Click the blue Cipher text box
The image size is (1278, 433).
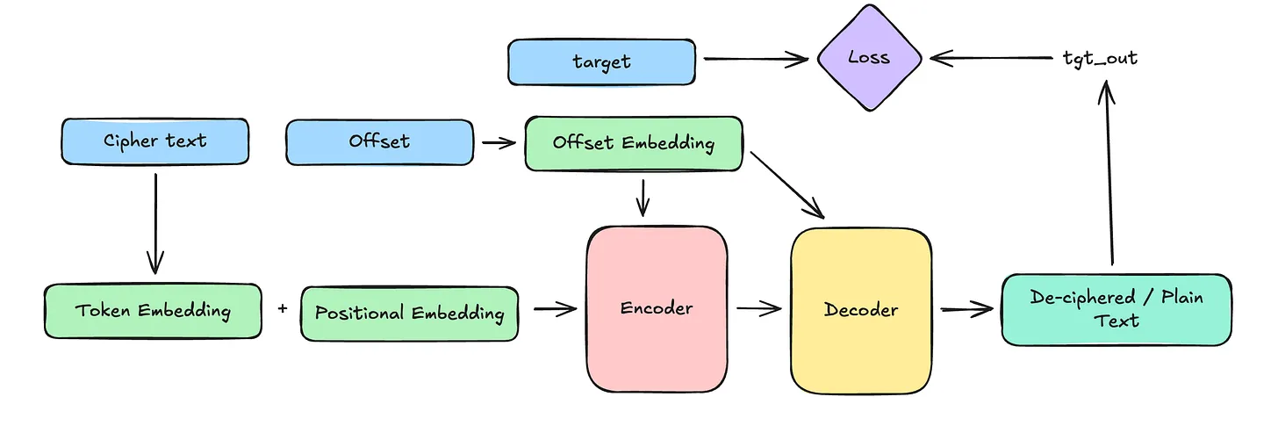pos(155,141)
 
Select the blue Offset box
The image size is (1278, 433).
pos(379,141)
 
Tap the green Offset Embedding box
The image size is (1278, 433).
pos(633,143)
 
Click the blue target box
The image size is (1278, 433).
pos(601,61)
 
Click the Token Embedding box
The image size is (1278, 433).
pos(153,311)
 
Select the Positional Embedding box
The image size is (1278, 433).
pos(409,313)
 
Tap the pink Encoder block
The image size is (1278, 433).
pos(657,308)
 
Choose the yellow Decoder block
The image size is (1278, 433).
pos(860,310)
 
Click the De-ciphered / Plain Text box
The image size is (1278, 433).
pos(1116,308)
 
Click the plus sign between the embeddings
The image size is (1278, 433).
pos(282,309)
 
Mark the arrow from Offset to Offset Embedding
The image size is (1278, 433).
pos(499,142)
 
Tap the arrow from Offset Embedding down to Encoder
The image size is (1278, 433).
pos(643,197)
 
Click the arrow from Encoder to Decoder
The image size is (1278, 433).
pos(758,308)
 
